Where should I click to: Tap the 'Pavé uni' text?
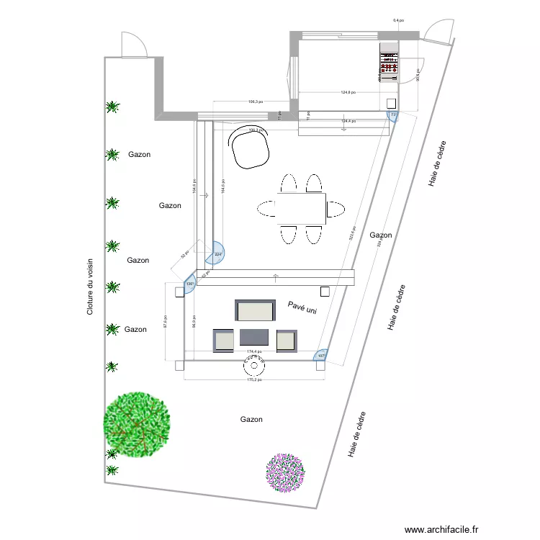(x=302, y=307)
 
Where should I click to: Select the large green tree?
(x=137, y=423)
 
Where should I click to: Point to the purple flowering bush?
(x=286, y=473)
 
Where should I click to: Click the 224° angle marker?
(x=217, y=253)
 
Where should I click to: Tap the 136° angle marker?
(x=189, y=284)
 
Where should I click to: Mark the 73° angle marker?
(x=393, y=115)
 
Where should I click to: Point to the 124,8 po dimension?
(x=348, y=92)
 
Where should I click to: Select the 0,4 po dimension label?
(x=397, y=21)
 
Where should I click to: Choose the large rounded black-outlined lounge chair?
(x=250, y=147)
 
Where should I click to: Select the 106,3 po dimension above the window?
(x=256, y=102)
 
